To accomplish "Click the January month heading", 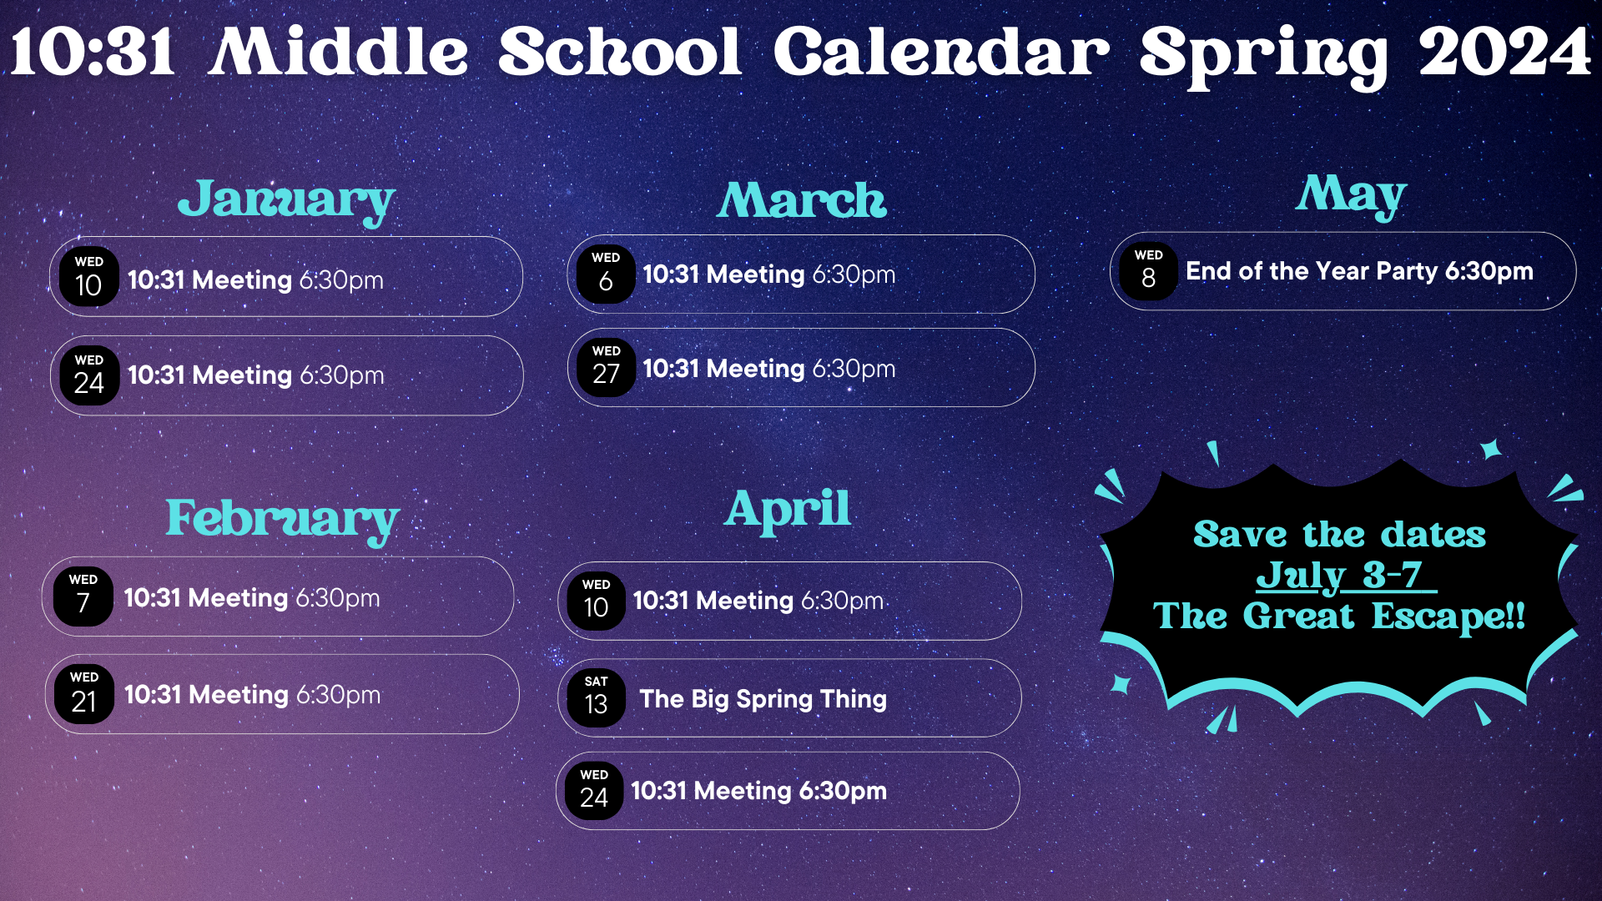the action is click(x=286, y=201).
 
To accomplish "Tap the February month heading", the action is click(x=283, y=520).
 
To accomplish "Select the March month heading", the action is click(x=802, y=200).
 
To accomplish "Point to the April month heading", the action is click(x=788, y=510).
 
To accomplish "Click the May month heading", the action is click(x=1352, y=196).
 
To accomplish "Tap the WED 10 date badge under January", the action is click(x=88, y=276).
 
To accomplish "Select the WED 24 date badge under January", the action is click(x=88, y=375).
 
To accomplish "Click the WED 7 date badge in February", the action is click(x=83, y=596).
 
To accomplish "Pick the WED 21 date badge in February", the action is click(x=83, y=693).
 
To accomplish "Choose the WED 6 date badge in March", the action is click(x=606, y=273).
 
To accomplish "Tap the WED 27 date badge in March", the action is click(x=606, y=366).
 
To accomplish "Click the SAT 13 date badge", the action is click(x=596, y=697).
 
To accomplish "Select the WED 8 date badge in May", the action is click(x=1148, y=270).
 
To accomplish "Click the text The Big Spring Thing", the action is click(x=763, y=699).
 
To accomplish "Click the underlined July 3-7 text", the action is click(x=1345, y=576).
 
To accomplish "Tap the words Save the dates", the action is click(x=1339, y=535).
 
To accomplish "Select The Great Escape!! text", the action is click(x=1339, y=617).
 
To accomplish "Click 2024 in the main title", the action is click(x=1505, y=52).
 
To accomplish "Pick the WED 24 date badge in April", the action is click(x=594, y=789).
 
